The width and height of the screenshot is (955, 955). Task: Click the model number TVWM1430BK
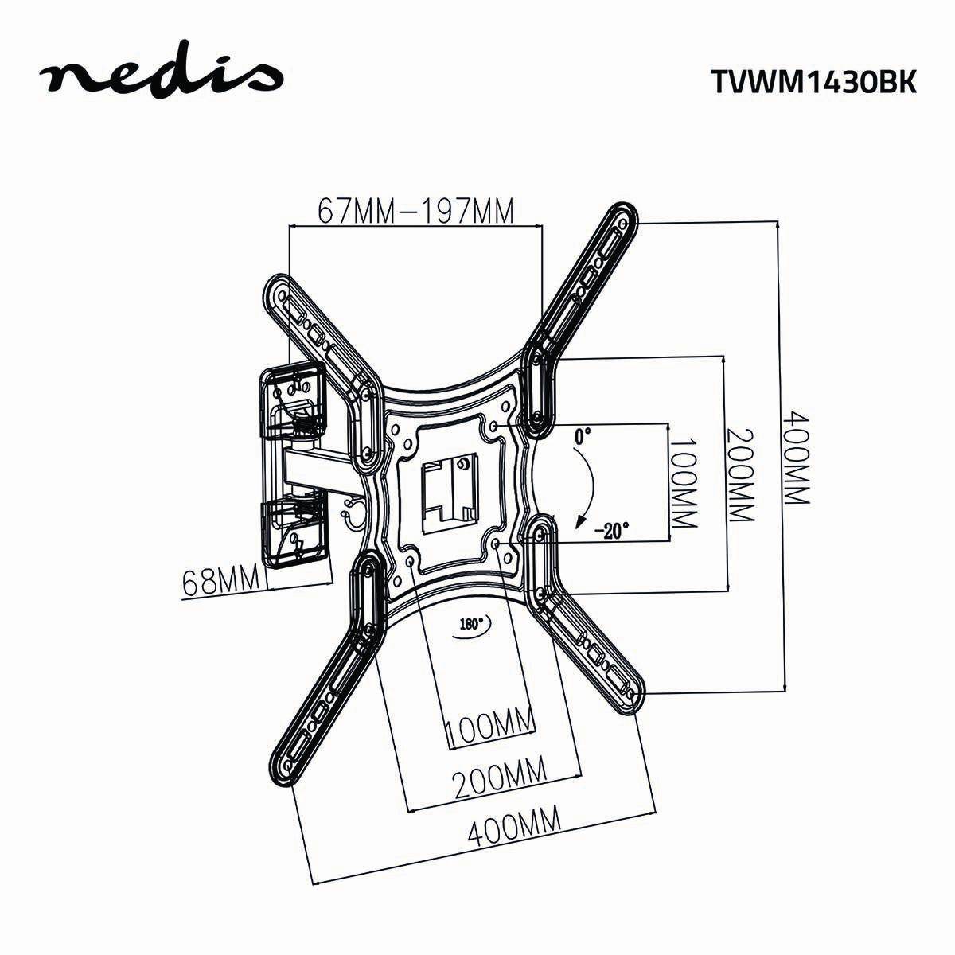(813, 80)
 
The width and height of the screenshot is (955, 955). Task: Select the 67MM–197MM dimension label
(415, 211)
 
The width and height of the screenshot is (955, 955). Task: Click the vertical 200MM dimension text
(739, 475)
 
